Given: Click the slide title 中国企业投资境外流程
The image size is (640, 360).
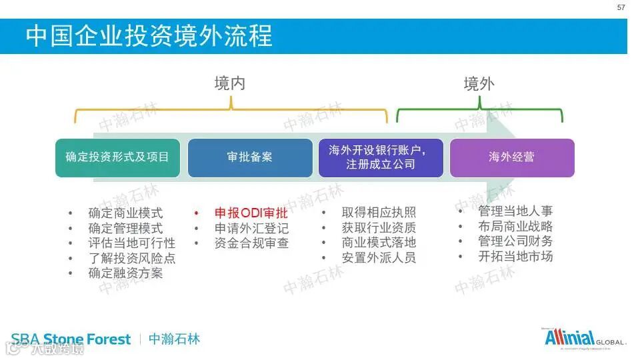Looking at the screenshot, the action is (x=149, y=35).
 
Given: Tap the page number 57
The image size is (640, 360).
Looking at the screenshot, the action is (x=621, y=7).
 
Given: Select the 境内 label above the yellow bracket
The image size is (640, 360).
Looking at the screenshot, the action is (x=230, y=83).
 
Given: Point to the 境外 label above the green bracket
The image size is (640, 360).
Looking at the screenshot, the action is (x=479, y=83).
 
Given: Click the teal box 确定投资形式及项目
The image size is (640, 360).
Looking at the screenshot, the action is (x=117, y=157).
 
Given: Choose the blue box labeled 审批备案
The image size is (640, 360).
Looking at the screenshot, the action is (x=250, y=157).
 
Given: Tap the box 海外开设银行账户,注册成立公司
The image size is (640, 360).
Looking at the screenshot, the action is (x=381, y=157).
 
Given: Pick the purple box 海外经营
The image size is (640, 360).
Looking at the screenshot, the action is (x=512, y=157).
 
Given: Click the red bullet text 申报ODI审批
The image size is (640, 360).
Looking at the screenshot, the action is (x=251, y=213).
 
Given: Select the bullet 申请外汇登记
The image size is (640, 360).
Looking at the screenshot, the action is (x=251, y=229).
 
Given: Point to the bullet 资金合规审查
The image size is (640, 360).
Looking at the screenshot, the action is (x=251, y=243).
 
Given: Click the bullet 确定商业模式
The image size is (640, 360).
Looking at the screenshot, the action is (x=125, y=213).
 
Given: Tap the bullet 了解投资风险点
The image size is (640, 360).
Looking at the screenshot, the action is (x=132, y=258).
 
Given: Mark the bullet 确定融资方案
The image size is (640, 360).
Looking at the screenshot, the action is (x=125, y=273).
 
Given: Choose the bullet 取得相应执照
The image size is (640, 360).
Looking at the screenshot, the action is (x=379, y=213).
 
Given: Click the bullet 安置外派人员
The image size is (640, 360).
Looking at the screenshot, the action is (x=379, y=257).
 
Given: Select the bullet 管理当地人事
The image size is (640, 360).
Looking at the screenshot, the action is (x=515, y=211).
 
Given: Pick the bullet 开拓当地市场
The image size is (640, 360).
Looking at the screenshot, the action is (x=515, y=256).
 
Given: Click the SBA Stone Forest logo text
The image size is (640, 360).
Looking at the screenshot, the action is (x=71, y=339).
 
